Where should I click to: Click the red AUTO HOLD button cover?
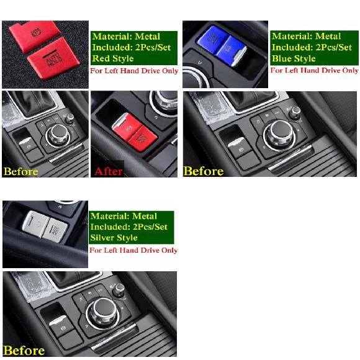[53, 58]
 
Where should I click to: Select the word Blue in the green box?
[281, 58]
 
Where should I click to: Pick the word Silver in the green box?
[101, 237]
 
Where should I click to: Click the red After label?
[109, 171]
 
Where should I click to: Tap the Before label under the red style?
[21, 171]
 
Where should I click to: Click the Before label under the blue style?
[204, 171]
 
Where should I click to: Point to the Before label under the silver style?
[24, 351]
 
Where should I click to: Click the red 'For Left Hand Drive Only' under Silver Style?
[133, 250]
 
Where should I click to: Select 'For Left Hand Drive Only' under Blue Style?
[314, 70]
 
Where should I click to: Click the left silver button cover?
[36, 224]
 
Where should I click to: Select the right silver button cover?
[55, 230]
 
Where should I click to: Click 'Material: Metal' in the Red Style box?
[126, 37]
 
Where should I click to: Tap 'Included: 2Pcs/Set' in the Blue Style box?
[312, 47]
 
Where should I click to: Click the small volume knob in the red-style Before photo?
[70, 119]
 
